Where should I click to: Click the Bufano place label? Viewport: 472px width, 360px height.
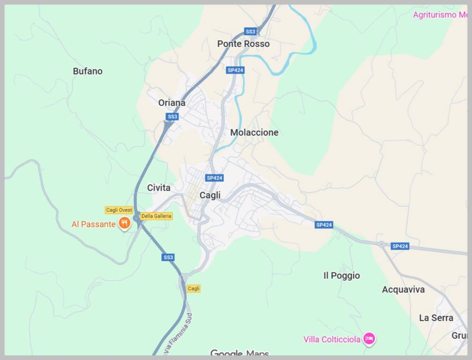click(88, 71)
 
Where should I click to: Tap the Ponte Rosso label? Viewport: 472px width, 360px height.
click(243, 44)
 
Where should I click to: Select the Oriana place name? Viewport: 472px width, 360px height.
click(171, 103)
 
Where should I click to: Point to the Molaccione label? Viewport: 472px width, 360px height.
click(254, 133)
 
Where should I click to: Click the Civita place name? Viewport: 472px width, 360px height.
click(159, 187)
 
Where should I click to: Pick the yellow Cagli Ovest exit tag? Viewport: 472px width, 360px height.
click(119, 210)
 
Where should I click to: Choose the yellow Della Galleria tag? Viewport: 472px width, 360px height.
click(156, 216)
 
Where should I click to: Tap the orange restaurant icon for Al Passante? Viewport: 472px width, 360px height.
click(124, 223)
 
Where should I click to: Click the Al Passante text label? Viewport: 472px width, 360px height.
click(93, 224)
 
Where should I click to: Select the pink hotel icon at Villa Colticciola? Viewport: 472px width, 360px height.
click(369, 338)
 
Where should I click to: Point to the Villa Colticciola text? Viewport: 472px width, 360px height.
click(332, 339)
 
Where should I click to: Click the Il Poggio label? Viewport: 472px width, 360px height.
click(341, 276)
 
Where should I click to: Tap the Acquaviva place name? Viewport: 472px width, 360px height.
click(403, 290)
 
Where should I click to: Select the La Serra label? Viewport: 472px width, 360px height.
click(436, 318)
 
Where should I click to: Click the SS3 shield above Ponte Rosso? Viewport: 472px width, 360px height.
click(251, 31)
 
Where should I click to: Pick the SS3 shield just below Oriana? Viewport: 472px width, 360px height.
click(172, 117)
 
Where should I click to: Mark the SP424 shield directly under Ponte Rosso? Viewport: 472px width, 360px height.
click(235, 70)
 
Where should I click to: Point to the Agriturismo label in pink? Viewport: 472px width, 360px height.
click(440, 15)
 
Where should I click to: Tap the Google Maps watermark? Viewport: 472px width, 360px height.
click(239, 353)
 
